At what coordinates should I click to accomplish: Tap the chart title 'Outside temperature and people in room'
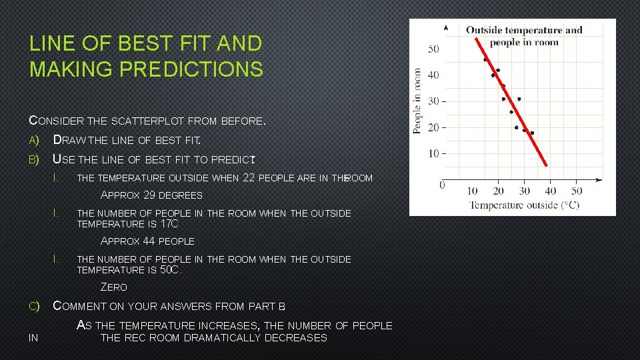tap(523, 36)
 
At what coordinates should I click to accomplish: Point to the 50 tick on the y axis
tap(433, 49)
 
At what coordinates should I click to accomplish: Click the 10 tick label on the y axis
tap(433, 153)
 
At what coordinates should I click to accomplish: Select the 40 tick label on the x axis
tap(551, 191)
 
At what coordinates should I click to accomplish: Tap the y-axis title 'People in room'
tap(418, 100)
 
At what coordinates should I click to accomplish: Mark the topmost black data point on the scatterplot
tap(485, 59)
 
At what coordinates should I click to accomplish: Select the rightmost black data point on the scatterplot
tap(532, 133)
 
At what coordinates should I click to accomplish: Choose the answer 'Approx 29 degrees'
tap(151, 195)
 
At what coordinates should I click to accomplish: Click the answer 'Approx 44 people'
tap(147, 241)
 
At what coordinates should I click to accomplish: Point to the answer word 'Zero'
tap(113, 287)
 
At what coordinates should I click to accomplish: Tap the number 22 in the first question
tap(249, 177)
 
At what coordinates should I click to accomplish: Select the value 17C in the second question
tap(169, 224)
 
